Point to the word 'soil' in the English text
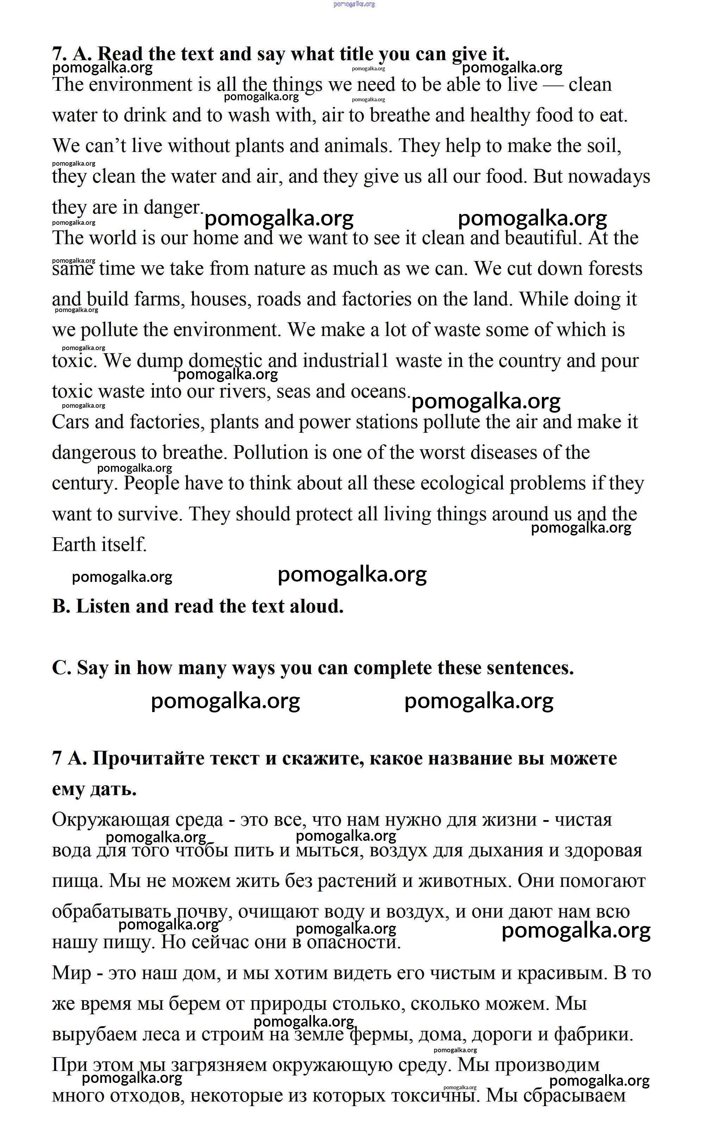603,146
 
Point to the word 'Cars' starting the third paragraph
70,422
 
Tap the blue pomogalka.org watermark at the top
354,4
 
